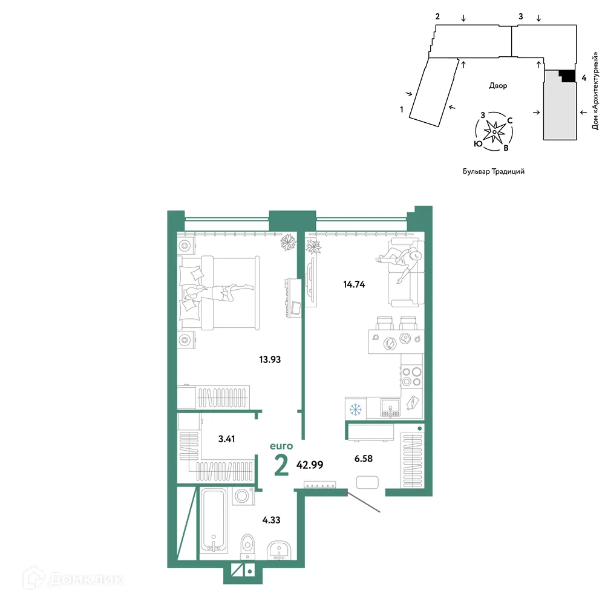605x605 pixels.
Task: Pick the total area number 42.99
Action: (310, 465)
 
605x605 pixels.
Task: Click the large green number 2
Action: (281, 465)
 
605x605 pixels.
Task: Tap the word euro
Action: (281, 446)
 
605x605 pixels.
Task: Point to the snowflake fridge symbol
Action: (356, 409)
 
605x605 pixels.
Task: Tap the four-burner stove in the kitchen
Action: (411, 377)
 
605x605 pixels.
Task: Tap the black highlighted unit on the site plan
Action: (566, 76)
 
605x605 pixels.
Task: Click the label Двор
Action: (498, 86)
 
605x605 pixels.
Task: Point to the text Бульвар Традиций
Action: (493, 171)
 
